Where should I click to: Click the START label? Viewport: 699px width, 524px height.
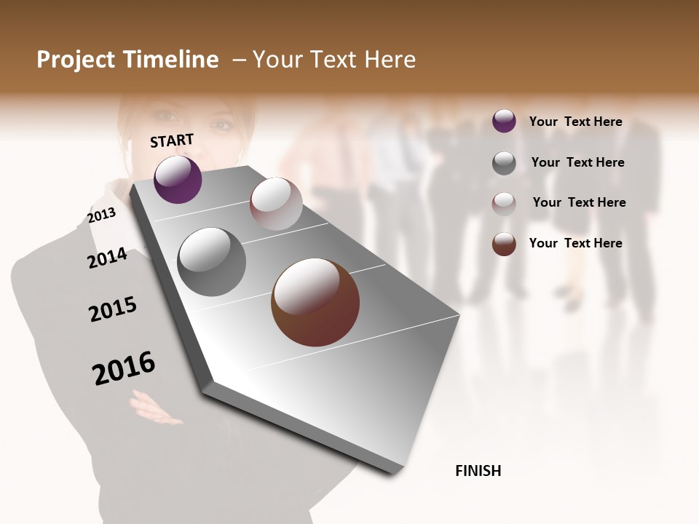pos(172,140)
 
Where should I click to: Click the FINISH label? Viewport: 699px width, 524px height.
pos(478,471)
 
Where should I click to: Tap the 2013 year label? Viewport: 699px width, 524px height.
pos(102,215)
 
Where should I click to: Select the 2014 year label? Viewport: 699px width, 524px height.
pos(107,258)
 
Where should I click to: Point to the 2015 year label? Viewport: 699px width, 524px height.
pos(113,309)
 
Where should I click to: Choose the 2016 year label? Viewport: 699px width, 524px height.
pos(124,368)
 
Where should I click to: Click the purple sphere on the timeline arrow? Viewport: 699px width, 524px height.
pos(178,179)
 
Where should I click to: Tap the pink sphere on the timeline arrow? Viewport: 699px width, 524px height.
pos(276,204)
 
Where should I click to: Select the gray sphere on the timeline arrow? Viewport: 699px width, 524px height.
pos(211,261)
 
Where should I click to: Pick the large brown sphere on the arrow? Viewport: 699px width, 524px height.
pos(315,302)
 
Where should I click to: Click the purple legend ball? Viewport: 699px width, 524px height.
pos(504,122)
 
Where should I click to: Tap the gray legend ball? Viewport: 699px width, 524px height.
pos(504,163)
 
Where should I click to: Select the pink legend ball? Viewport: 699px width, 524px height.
pos(504,203)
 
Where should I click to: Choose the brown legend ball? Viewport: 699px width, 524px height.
pos(504,244)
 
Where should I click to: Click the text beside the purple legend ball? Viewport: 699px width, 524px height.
pos(575,122)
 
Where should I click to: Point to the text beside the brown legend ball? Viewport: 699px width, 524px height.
pos(575,243)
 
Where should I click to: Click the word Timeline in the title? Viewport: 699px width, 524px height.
pos(173,60)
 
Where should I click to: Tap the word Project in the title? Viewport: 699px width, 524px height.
pos(76,60)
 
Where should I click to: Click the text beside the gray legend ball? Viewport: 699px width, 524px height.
pos(577,162)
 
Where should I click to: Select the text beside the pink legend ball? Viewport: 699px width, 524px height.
pos(579,202)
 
